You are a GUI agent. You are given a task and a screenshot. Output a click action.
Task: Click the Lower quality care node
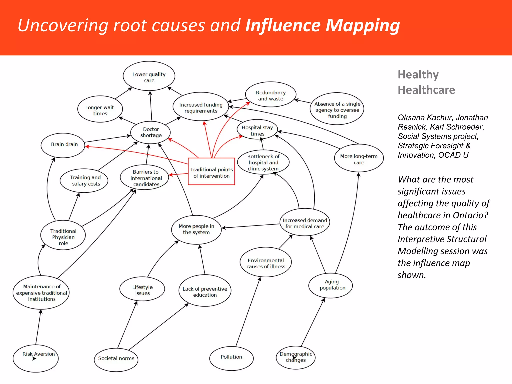(x=149, y=76)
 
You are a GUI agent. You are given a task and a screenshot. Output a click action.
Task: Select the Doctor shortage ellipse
(x=150, y=132)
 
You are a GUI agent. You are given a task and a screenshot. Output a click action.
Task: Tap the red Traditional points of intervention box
(x=211, y=172)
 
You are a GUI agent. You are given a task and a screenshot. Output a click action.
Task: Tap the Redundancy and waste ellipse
(x=271, y=95)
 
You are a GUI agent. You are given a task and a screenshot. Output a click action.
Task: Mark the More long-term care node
(x=359, y=158)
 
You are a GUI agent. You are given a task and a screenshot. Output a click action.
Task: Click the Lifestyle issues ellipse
(x=142, y=289)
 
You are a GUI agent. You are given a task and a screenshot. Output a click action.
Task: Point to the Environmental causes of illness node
(x=266, y=262)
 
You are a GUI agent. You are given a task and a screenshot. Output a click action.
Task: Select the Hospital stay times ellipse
(x=257, y=130)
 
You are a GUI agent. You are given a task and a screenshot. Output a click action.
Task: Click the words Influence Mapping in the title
(x=322, y=25)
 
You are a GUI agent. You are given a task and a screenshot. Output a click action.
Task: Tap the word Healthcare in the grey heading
(x=426, y=90)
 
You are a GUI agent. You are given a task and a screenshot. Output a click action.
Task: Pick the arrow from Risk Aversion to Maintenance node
(x=38, y=327)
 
